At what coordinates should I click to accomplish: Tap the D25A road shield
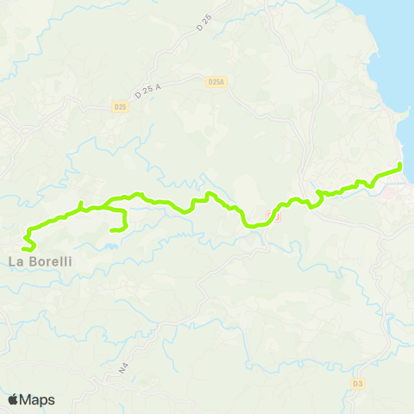[x=216, y=82]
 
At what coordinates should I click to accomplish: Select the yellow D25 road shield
[x=120, y=107]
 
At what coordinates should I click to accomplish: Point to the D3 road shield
[x=358, y=383]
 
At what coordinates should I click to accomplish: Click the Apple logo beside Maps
[x=14, y=399]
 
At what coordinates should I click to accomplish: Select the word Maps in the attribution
[x=38, y=399]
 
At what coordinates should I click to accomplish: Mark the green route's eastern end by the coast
[x=400, y=166]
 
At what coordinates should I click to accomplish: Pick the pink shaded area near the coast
[x=393, y=194]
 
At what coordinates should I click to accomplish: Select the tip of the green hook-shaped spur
[x=113, y=230]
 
